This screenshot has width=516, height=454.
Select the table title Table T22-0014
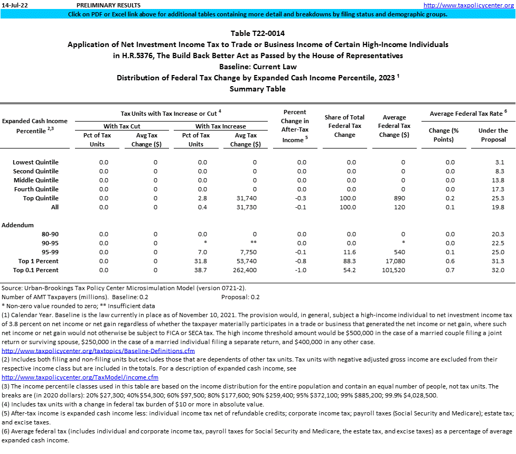(257, 33)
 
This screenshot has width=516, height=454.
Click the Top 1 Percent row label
(38, 261)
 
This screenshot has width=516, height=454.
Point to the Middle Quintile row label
(35, 180)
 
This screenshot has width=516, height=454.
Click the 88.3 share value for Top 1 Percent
(349, 261)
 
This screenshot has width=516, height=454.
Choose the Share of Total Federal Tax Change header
(344, 126)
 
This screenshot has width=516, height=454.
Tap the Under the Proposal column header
(493, 135)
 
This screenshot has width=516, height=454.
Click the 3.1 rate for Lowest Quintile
(500, 162)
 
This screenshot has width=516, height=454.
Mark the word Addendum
(17, 225)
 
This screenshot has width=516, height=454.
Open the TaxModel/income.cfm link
(80, 377)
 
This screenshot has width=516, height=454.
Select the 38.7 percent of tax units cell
(202, 270)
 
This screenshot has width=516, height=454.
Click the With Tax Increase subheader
(220, 126)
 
